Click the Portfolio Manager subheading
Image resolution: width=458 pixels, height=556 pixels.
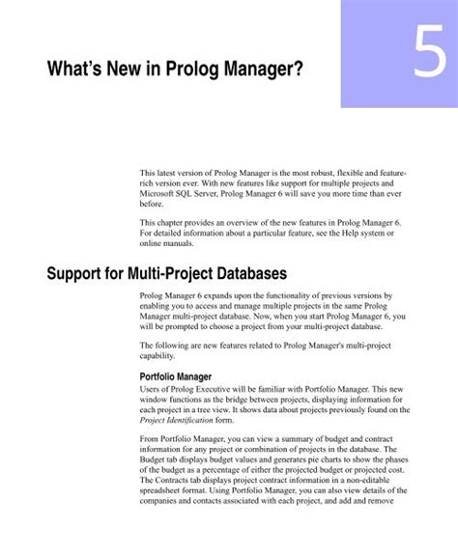point(184,376)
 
